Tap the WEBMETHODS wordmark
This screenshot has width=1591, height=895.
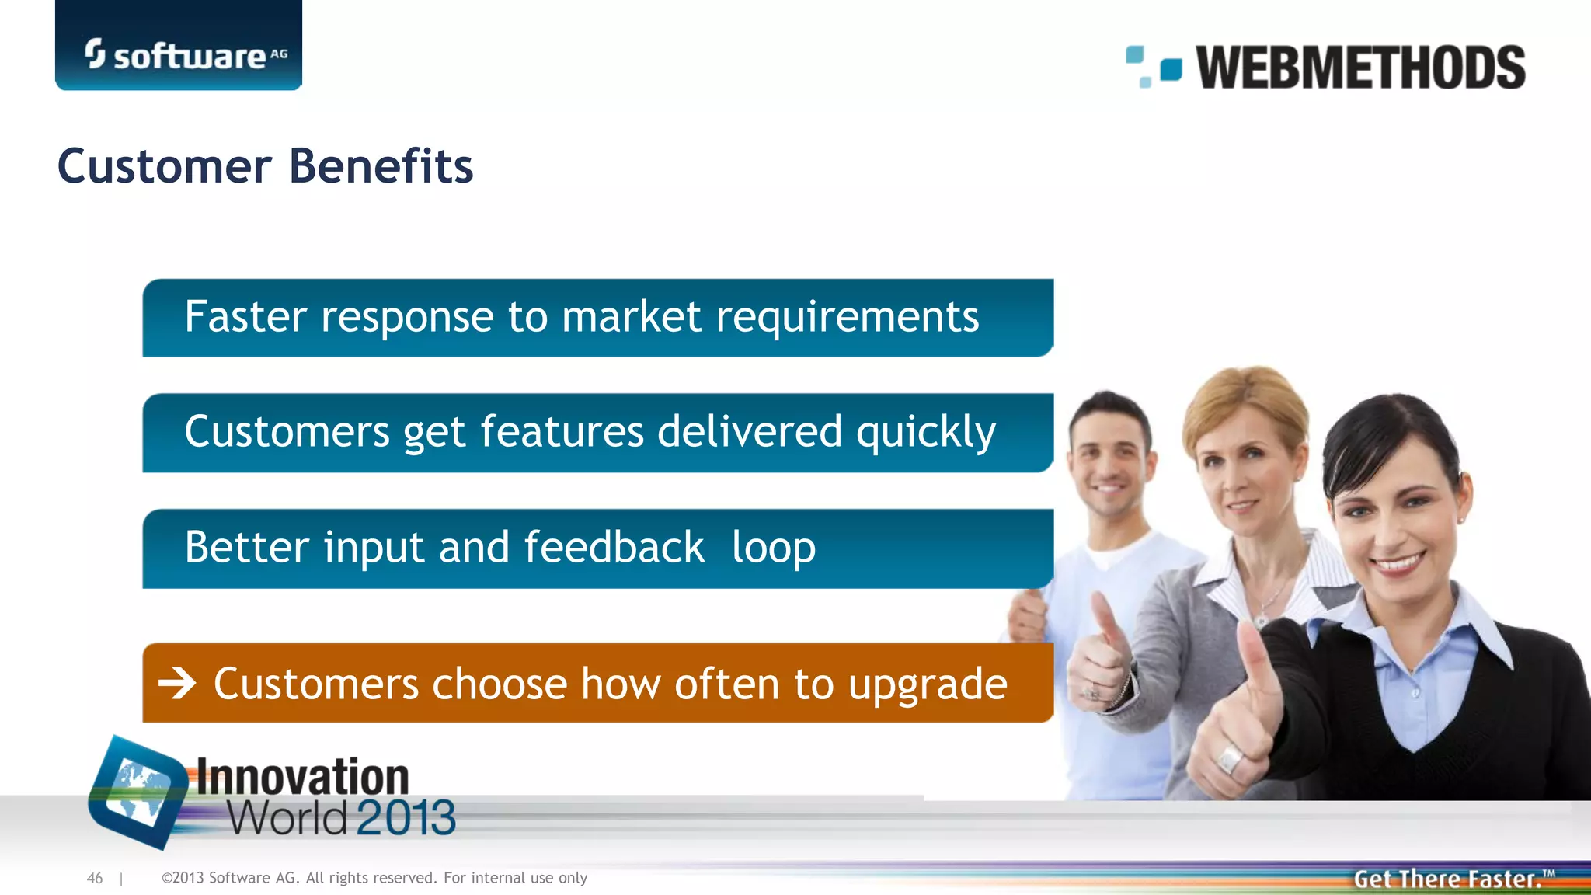pyautogui.click(x=1359, y=68)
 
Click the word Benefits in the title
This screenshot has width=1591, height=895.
pyautogui.click(x=381, y=166)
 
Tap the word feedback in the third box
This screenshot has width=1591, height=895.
pyautogui.click(x=614, y=547)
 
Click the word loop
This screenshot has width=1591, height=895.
pyautogui.click(x=773, y=548)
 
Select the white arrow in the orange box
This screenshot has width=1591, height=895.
pyautogui.click(x=177, y=684)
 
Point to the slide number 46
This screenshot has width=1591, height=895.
pyautogui.click(x=95, y=878)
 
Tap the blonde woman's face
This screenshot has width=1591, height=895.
pyautogui.click(x=1248, y=466)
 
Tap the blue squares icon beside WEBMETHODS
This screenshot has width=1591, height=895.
pyautogui.click(x=1154, y=67)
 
